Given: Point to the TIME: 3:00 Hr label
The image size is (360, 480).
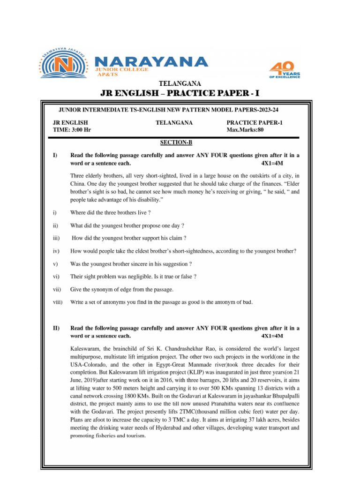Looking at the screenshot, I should click(72, 130).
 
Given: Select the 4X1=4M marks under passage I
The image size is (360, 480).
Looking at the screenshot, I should click(272, 164).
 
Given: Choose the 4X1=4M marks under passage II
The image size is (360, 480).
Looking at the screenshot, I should click(272, 336).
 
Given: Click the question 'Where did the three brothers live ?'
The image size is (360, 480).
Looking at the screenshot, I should click(110, 212).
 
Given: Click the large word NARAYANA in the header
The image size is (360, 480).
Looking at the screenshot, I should click(145, 62).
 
